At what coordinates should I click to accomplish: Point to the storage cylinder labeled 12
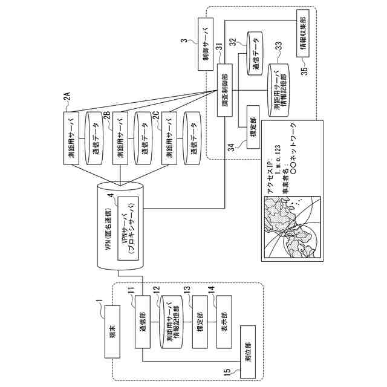click(x=171, y=323)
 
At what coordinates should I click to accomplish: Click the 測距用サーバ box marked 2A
click(x=72, y=139)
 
